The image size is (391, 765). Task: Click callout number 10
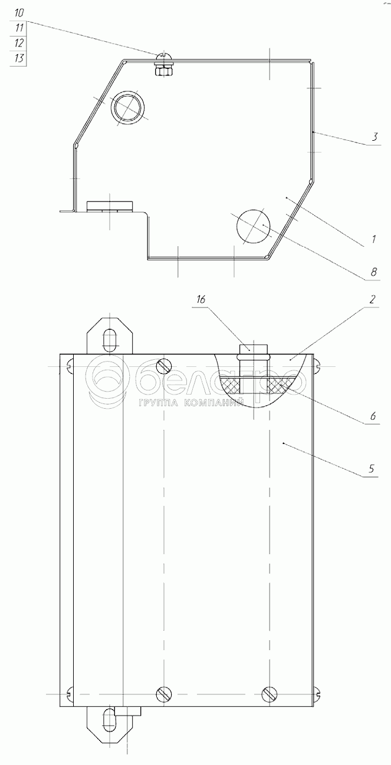coord(19,13)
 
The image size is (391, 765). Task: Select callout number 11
coord(19,28)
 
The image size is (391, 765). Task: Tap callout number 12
coord(19,42)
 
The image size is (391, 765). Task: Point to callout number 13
coord(19,58)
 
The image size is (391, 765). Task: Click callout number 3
coord(375,137)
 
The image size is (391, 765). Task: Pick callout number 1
coord(374,239)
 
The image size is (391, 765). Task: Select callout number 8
coord(373,272)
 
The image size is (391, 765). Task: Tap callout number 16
coord(201,300)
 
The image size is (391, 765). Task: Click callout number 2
coord(372,300)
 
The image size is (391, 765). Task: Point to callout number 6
coord(373,416)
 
